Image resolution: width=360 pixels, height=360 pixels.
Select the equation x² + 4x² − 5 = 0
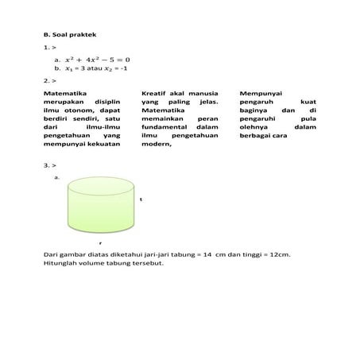(x=96, y=59)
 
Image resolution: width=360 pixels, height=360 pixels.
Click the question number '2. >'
(x=48, y=80)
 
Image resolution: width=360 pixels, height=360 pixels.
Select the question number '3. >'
(x=48, y=165)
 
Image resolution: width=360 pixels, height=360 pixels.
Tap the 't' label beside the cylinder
(x=141, y=199)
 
